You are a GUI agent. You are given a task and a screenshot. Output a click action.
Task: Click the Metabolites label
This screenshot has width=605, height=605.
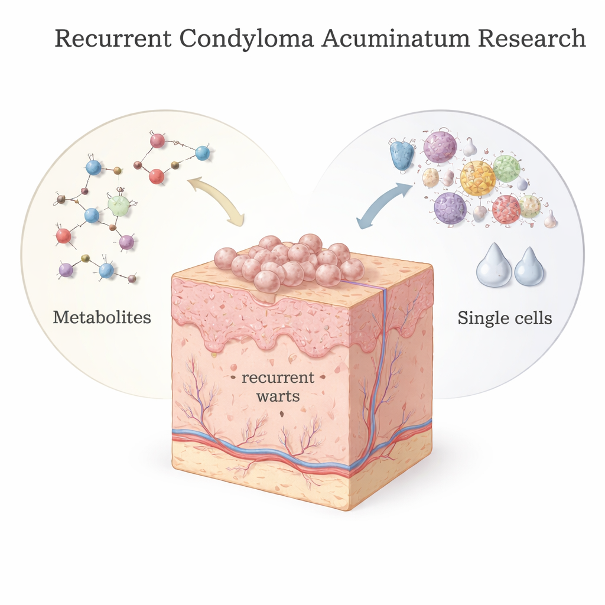tap(102, 317)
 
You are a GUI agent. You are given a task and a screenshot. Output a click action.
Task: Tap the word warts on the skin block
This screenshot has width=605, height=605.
tap(278, 396)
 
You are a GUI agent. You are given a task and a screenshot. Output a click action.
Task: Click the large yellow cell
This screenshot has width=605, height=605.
tap(477, 178)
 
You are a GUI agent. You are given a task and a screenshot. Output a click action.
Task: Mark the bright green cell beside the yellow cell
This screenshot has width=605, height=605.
tap(506, 168)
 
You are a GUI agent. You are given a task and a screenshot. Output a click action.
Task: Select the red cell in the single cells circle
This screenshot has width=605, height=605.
tap(506, 209)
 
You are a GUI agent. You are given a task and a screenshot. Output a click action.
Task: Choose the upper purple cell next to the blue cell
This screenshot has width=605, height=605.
tap(440, 147)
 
